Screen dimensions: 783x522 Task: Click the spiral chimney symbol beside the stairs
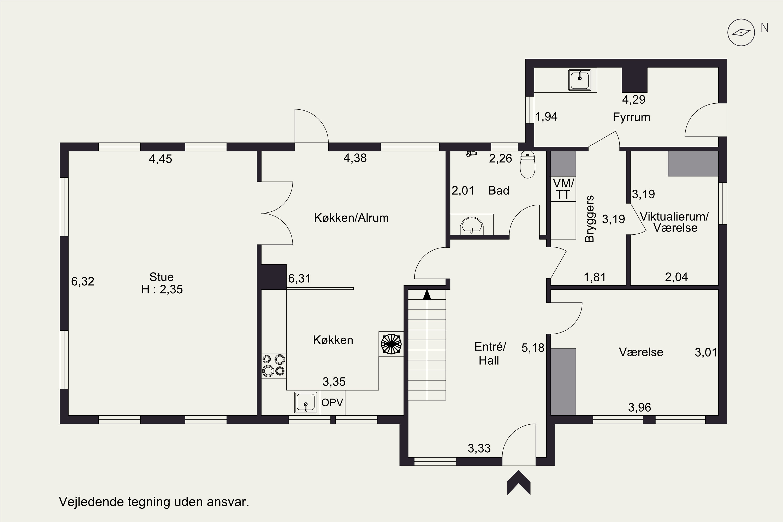[391, 344]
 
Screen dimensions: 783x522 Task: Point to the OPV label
[332, 402]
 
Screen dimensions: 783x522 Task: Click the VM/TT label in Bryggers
[563, 189]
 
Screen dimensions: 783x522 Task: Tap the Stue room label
[162, 277]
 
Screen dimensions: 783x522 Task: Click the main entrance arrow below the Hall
[519, 482]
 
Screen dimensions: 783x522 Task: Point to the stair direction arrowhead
[427, 295]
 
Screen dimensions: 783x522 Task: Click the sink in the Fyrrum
[580, 80]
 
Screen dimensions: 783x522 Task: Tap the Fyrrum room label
[632, 117]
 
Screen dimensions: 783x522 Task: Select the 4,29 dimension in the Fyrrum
[634, 99]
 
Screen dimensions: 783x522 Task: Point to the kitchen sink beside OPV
[306, 402]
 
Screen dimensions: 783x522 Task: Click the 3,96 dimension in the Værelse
[639, 407]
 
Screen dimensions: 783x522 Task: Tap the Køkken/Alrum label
[351, 218]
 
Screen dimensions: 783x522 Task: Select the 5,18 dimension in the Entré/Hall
[533, 348]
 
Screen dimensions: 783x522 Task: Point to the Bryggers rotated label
[589, 219]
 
